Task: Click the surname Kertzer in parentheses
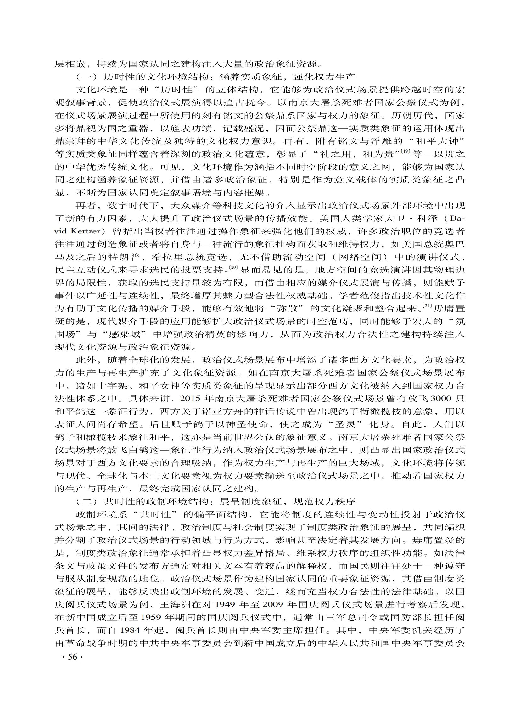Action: click(x=86, y=231)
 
